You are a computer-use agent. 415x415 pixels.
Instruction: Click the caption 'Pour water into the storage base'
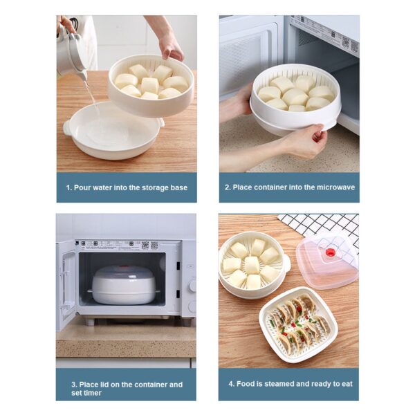click(126, 187)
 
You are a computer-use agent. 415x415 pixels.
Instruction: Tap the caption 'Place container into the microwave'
click(288, 187)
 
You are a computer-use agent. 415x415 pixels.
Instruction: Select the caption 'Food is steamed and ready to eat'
click(288, 384)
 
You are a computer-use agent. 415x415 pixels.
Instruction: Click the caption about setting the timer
click(126, 388)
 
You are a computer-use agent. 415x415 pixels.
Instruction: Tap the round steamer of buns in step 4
click(252, 264)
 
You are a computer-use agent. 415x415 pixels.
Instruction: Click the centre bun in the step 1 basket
click(149, 85)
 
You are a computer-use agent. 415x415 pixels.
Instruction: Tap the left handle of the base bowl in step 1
click(67, 128)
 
